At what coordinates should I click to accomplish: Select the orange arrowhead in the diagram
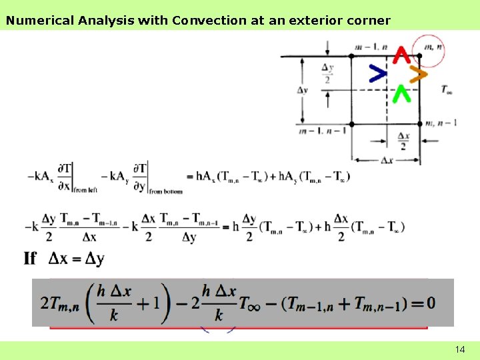click(417, 75)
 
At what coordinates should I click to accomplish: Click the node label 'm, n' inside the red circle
click(434, 47)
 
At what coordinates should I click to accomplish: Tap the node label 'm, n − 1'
click(442, 123)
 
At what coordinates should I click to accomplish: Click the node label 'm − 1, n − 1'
click(323, 131)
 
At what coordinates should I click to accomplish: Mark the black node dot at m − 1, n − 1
click(351, 123)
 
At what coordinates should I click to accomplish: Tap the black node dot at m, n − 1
click(420, 123)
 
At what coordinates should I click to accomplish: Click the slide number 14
click(459, 349)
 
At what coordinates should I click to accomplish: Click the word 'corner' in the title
click(368, 20)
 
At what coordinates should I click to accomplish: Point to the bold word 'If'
click(30, 259)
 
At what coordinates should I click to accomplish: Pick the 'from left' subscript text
click(84, 191)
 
